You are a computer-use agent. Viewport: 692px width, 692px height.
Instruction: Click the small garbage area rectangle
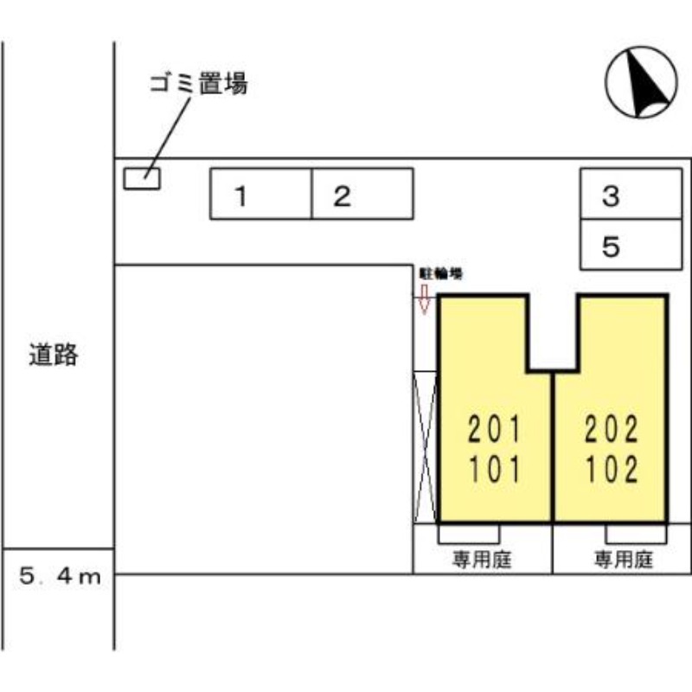point(142,179)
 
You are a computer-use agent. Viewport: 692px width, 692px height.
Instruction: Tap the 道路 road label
point(54,354)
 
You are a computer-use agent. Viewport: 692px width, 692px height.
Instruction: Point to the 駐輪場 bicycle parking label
point(440,272)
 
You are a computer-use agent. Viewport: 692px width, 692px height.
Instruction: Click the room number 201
point(495,429)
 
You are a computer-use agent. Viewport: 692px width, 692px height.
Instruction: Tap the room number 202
point(611,429)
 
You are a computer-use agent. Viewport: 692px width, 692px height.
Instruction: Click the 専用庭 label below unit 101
point(482,559)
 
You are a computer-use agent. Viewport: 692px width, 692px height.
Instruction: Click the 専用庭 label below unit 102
point(622,559)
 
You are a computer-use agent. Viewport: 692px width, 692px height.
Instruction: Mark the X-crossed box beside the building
point(426,446)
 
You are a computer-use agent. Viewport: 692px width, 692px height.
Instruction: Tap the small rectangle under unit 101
point(468,532)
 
